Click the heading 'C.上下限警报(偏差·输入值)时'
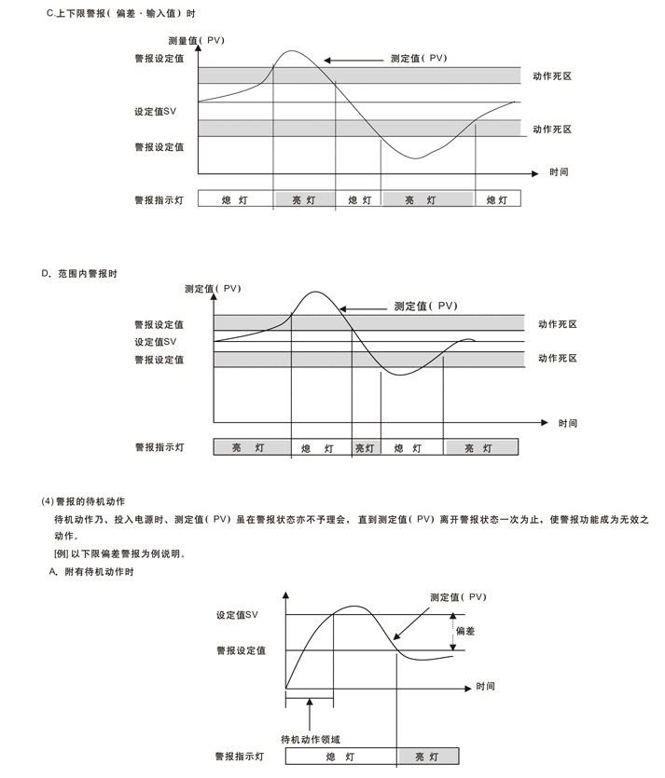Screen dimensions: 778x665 pyautogui.click(x=121, y=14)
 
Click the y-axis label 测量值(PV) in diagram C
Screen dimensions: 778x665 pyautogui.click(x=196, y=41)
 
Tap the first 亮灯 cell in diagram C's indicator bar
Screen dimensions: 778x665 pyautogui.click(x=304, y=199)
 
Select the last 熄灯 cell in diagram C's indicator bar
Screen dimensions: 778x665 pyautogui.click(x=497, y=199)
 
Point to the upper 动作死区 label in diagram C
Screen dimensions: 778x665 pyautogui.click(x=551, y=75)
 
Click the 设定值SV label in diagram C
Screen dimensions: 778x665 pyautogui.click(x=155, y=112)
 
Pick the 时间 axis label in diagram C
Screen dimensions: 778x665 pyautogui.click(x=559, y=172)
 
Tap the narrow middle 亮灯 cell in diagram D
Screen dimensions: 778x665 pyautogui.click(x=365, y=448)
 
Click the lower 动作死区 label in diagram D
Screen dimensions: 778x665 pyautogui.click(x=558, y=359)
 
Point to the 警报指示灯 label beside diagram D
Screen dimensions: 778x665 pyautogui.click(x=159, y=448)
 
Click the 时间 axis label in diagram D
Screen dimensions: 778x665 pyautogui.click(x=568, y=423)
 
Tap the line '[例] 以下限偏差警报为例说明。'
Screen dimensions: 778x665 pyautogui.click(x=120, y=553)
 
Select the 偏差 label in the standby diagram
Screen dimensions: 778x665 pyautogui.click(x=464, y=631)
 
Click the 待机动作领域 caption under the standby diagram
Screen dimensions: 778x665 pyautogui.click(x=311, y=739)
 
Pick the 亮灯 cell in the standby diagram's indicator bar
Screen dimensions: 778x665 pyautogui.click(x=427, y=757)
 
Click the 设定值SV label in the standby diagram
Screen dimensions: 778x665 pyautogui.click(x=237, y=615)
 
